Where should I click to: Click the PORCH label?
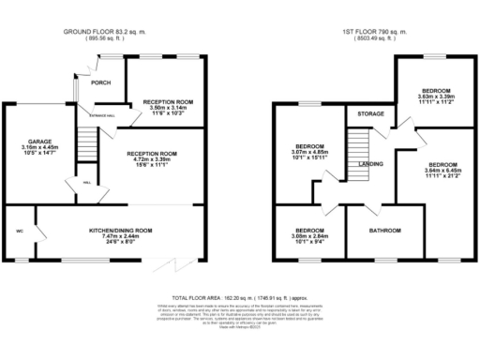pos(100,82)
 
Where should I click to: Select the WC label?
pos(19,230)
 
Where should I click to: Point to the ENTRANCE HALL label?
pos(102,115)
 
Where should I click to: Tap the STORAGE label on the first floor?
pos(362,113)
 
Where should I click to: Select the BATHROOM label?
pos(384,230)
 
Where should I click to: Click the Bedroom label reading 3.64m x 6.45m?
pos(436,166)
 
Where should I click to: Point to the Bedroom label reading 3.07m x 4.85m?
pos(310,153)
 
